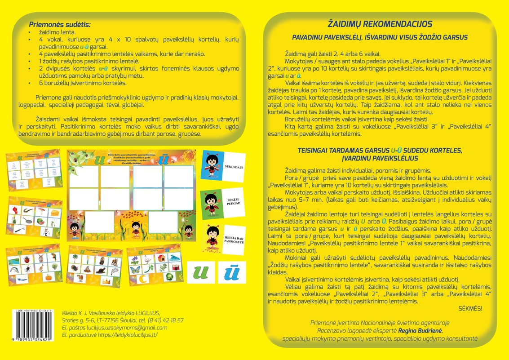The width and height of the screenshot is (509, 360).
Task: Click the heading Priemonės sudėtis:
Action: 60,24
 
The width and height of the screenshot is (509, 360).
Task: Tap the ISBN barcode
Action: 31,326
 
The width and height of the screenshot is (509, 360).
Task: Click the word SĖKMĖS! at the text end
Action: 470,308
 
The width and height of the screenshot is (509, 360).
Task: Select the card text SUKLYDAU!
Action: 234,167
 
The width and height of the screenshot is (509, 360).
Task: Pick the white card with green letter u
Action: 199,272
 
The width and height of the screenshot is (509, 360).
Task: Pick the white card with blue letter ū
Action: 232,272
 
